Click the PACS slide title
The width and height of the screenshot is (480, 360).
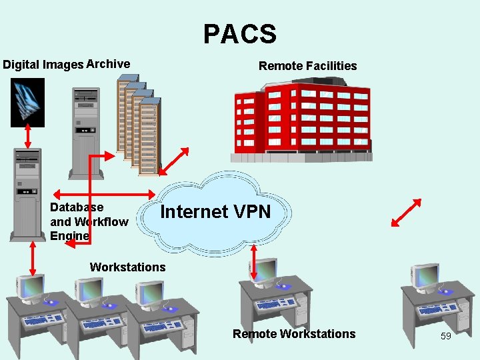click(239, 33)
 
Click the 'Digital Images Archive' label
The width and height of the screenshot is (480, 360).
click(67, 65)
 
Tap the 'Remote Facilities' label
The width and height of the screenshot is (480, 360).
click(307, 65)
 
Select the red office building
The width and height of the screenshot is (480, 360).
click(300, 120)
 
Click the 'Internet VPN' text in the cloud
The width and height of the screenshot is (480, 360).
click(216, 212)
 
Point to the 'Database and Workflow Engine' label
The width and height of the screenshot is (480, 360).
click(89, 221)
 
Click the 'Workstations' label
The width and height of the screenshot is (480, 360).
click(127, 267)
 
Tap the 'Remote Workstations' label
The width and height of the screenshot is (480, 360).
click(294, 334)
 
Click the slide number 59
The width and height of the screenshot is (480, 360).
click(446, 336)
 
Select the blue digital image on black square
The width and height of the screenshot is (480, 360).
click(27, 102)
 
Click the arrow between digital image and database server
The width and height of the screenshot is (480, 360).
click(27, 137)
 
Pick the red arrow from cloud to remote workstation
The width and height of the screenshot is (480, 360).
click(254, 261)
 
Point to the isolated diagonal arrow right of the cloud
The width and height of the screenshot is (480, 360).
click(406, 214)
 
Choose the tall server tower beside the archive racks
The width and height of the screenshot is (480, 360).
click(86, 130)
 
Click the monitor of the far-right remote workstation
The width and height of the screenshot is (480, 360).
click(425, 275)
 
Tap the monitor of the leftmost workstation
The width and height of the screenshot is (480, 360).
click(33, 287)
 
